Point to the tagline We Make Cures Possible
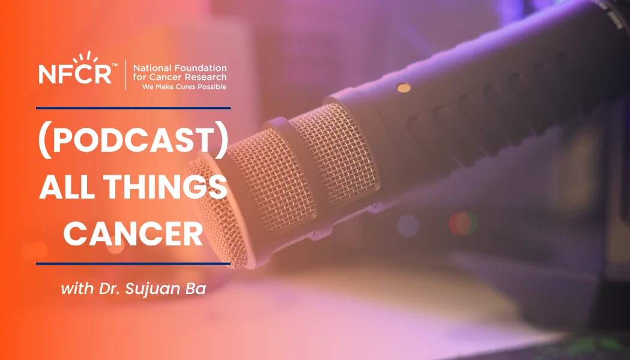tap(184, 86)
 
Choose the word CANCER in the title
tap(133, 234)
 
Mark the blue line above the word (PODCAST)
tap(133, 109)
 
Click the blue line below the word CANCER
tap(133, 263)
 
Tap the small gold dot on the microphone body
tap(404, 88)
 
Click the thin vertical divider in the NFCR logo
tap(125, 74)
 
